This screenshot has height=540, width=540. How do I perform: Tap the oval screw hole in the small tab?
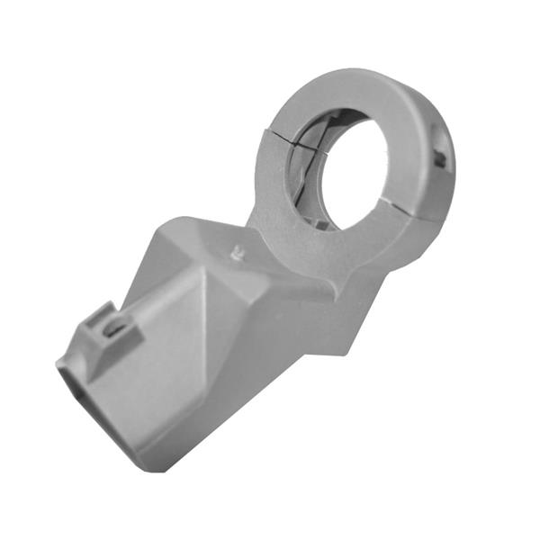coord(114,328)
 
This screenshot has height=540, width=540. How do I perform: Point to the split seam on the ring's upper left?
coord(279,135)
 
